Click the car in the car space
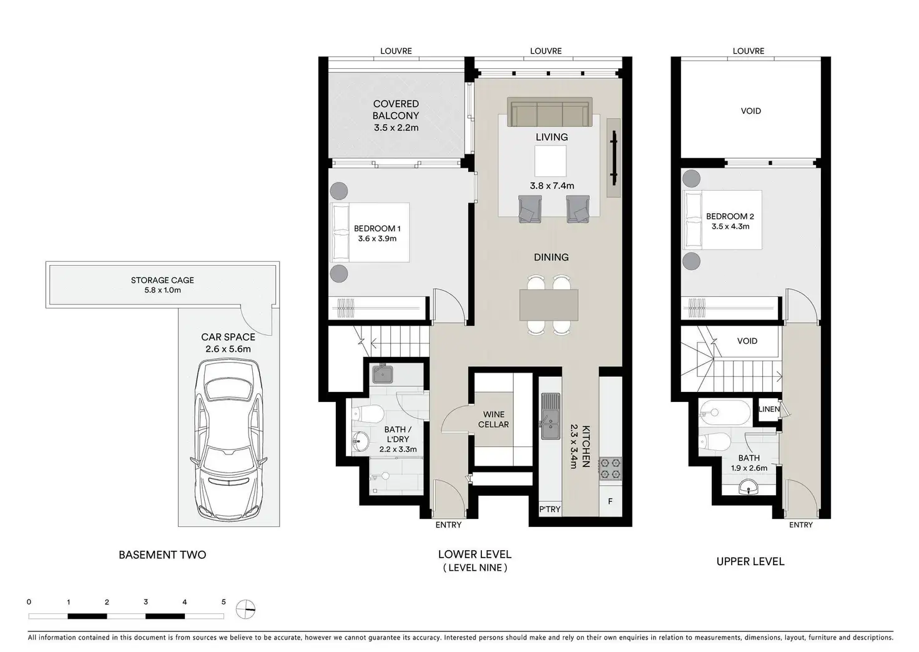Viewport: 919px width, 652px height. (x=229, y=440)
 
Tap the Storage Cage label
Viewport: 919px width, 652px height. (x=162, y=280)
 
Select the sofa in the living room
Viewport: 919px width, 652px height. (x=550, y=112)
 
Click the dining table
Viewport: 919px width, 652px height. (x=549, y=305)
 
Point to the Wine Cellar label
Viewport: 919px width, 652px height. (x=494, y=419)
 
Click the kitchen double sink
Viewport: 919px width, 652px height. (x=550, y=416)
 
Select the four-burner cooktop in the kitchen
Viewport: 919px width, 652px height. (x=610, y=469)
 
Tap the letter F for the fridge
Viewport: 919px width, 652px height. (x=610, y=501)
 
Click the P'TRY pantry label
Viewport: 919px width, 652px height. (x=550, y=509)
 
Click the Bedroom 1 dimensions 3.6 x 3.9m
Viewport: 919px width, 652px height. (x=377, y=239)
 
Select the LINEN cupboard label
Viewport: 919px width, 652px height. (x=769, y=409)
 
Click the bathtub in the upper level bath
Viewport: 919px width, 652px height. (x=725, y=412)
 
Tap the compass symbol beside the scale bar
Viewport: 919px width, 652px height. (x=246, y=609)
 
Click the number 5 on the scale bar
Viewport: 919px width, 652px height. (x=224, y=602)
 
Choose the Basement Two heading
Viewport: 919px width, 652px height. (x=162, y=555)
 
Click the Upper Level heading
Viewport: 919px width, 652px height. (x=750, y=561)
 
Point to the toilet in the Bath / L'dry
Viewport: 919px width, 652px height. (x=368, y=414)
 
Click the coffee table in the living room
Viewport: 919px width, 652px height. (x=550, y=161)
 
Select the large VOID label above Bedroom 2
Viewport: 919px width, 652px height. (x=751, y=111)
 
